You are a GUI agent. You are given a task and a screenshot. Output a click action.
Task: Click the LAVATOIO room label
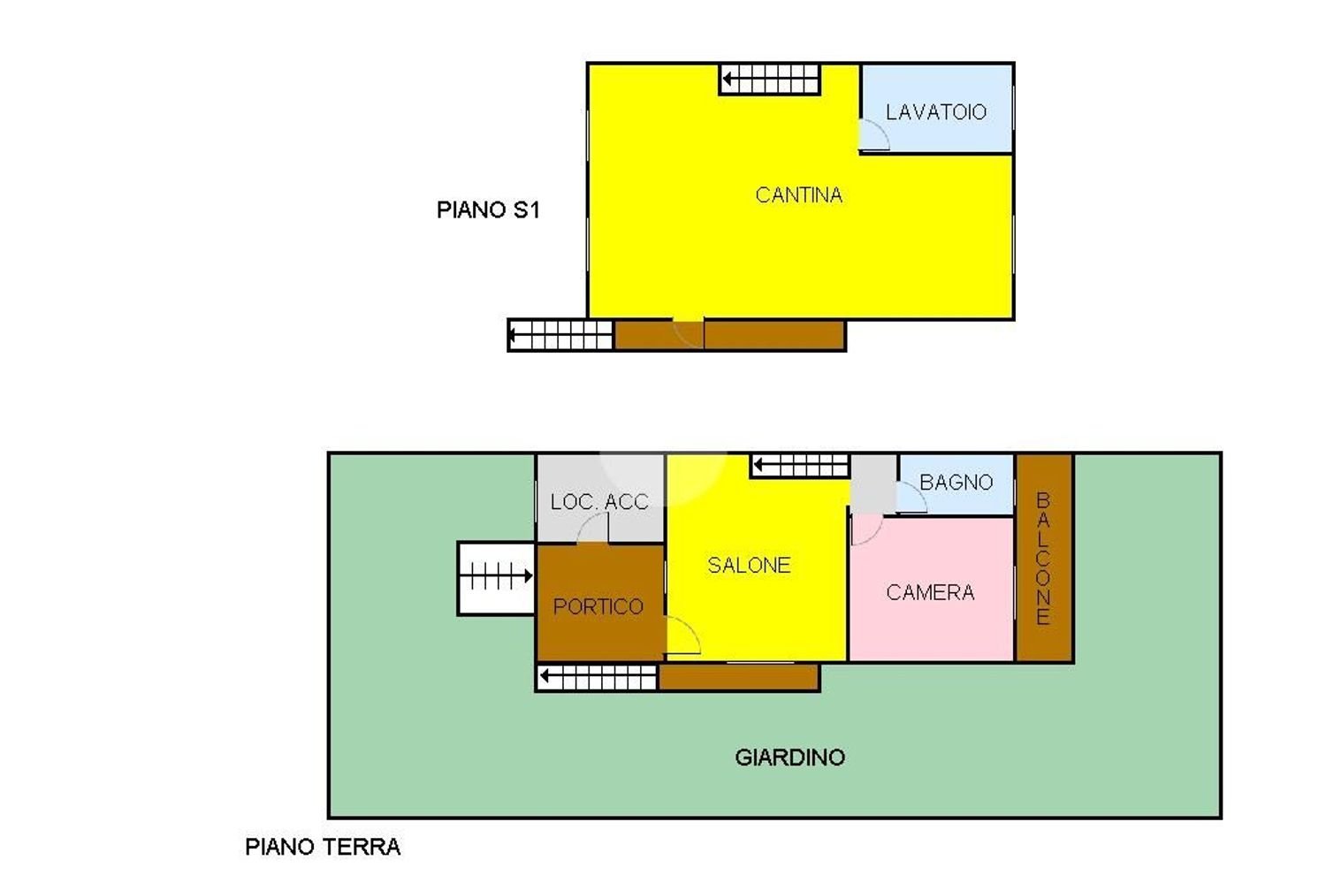pos(935,112)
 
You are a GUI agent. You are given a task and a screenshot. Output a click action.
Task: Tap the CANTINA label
pos(798,195)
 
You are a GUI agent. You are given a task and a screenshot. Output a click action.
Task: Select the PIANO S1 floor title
pos(487,209)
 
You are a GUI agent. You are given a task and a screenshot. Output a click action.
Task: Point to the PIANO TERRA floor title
pos(322,847)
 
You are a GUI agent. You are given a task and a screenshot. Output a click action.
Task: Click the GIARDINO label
pos(789,757)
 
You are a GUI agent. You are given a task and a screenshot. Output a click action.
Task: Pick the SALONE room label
pos(749,566)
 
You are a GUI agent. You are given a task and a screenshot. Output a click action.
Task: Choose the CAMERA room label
pos(930,593)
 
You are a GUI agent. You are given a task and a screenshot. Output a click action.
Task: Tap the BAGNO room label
pos(956,483)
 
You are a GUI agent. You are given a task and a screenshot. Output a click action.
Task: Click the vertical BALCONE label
pos(1043,559)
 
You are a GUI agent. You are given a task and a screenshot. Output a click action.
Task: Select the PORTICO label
pos(598,606)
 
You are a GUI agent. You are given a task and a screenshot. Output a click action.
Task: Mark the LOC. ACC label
pos(599,502)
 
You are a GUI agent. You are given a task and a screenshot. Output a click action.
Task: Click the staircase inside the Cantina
pos(770,79)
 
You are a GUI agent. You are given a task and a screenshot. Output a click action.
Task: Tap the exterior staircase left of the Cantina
pos(560,335)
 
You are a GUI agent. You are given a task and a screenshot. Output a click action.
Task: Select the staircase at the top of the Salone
pos(800,465)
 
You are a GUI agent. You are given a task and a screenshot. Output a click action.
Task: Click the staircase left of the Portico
pos(497,578)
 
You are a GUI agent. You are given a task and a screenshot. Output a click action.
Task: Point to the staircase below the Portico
pos(598,678)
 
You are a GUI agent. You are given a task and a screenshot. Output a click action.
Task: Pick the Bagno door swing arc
pos(912,499)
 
